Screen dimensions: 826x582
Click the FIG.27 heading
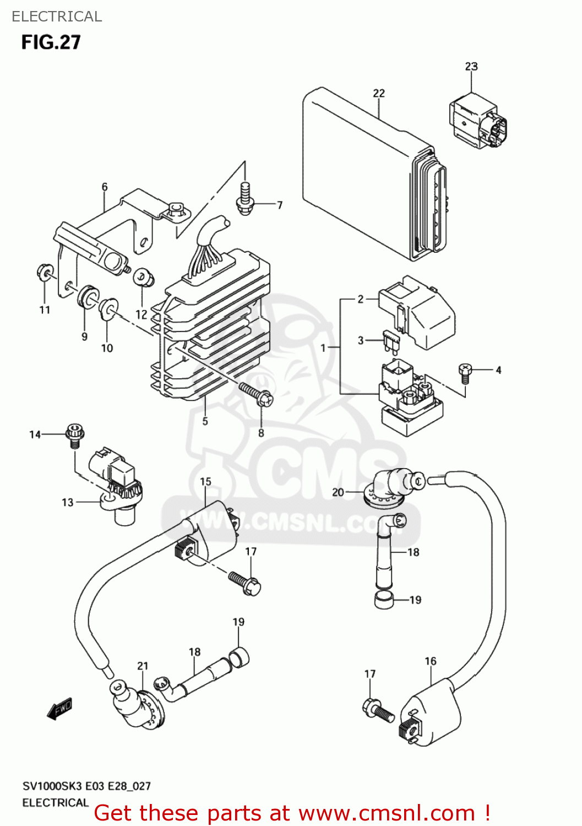click(x=51, y=42)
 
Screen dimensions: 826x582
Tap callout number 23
click(x=471, y=67)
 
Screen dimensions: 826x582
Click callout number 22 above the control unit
click(x=379, y=94)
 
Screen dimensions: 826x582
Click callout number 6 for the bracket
click(x=105, y=187)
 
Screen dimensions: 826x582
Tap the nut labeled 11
click(x=44, y=272)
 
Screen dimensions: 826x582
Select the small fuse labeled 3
click(x=393, y=341)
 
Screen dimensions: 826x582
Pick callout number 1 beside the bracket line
click(x=324, y=348)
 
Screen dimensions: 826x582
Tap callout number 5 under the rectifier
click(x=205, y=422)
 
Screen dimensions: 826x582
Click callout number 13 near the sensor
click(x=67, y=503)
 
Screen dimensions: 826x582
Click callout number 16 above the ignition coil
click(x=431, y=661)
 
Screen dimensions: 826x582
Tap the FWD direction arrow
click(x=59, y=709)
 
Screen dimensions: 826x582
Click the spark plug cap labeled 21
click(x=138, y=705)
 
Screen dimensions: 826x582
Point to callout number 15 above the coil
click(x=205, y=482)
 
